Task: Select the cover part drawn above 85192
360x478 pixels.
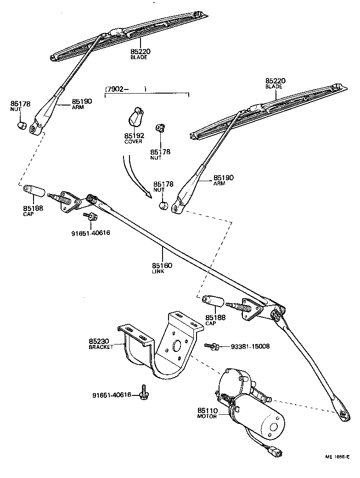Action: [x=135, y=116]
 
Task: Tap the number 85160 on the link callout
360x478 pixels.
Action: [x=162, y=265]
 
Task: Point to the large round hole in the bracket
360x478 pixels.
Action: [x=177, y=345]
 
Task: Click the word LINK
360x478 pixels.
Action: [x=158, y=271]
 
